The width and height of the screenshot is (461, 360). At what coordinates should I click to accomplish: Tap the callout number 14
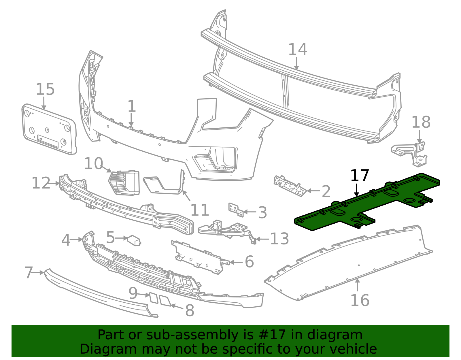[298, 50]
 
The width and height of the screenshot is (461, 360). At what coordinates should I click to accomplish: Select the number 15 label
[45, 89]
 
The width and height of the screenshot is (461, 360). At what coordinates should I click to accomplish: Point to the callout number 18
[421, 122]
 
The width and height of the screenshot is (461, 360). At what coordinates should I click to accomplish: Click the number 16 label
[360, 300]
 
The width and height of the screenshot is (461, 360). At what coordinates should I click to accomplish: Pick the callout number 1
[131, 107]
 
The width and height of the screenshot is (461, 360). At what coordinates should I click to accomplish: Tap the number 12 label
[41, 183]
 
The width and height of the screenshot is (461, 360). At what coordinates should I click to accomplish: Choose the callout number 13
[279, 239]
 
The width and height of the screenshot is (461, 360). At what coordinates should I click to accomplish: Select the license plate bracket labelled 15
[49, 130]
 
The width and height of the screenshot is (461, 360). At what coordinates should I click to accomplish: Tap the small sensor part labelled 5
[134, 240]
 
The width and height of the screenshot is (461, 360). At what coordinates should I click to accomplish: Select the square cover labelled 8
[165, 300]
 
